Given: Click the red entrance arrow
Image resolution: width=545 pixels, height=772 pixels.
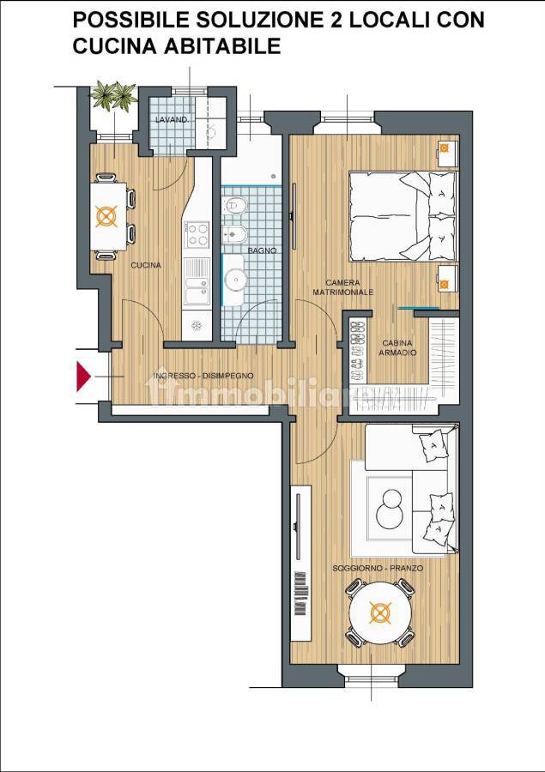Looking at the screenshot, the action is pyautogui.click(x=82, y=377).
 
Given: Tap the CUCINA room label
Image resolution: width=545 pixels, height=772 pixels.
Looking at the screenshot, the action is pyautogui.click(x=146, y=265).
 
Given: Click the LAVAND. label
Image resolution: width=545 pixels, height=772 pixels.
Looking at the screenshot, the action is pyautogui.click(x=172, y=119).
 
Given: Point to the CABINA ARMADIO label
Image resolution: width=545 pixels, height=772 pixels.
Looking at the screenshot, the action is pyautogui.click(x=397, y=347).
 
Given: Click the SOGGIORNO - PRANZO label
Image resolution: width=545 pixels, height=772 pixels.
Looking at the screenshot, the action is pyautogui.click(x=378, y=568).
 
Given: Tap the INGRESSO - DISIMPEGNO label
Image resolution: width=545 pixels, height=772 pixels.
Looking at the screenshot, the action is pyautogui.click(x=204, y=376).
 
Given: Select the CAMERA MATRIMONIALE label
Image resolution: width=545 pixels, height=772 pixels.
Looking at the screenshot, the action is pyautogui.click(x=343, y=287).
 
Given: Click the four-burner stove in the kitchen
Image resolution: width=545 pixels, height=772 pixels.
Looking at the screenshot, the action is pyautogui.click(x=197, y=234).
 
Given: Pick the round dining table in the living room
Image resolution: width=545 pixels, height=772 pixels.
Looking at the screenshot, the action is pyautogui.click(x=380, y=613).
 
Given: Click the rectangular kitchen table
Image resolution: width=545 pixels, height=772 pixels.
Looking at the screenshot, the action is pyautogui.click(x=108, y=216).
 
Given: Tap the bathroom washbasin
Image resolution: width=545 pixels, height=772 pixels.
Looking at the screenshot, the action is pyautogui.click(x=234, y=280).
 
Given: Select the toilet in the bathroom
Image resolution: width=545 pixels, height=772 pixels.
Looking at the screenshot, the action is pyautogui.click(x=234, y=205).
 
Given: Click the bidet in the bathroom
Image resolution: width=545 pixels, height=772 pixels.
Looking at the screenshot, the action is pyautogui.click(x=234, y=235).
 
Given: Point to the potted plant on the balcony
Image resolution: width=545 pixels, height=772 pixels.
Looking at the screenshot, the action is pyautogui.click(x=114, y=95).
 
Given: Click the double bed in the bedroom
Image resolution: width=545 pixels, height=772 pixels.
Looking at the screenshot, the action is pyautogui.click(x=403, y=216).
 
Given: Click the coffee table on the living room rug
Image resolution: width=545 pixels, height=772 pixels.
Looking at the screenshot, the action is pyautogui.click(x=390, y=509).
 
